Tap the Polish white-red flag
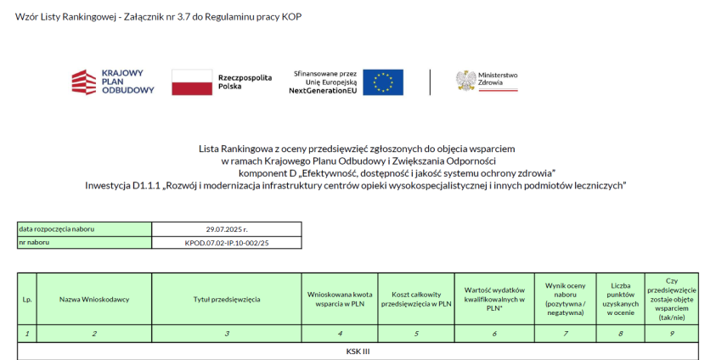191,82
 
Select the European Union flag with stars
383,82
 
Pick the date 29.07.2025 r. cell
227,228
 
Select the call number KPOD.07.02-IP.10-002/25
227,243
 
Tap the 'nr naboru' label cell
35,243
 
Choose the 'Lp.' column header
26,299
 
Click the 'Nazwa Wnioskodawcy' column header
93,299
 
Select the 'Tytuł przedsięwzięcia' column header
227,299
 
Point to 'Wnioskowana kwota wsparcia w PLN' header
340,299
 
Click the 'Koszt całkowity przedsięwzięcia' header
416,299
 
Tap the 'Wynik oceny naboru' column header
564,299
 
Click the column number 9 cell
671,334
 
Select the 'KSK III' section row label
358,350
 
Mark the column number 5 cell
416,334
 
